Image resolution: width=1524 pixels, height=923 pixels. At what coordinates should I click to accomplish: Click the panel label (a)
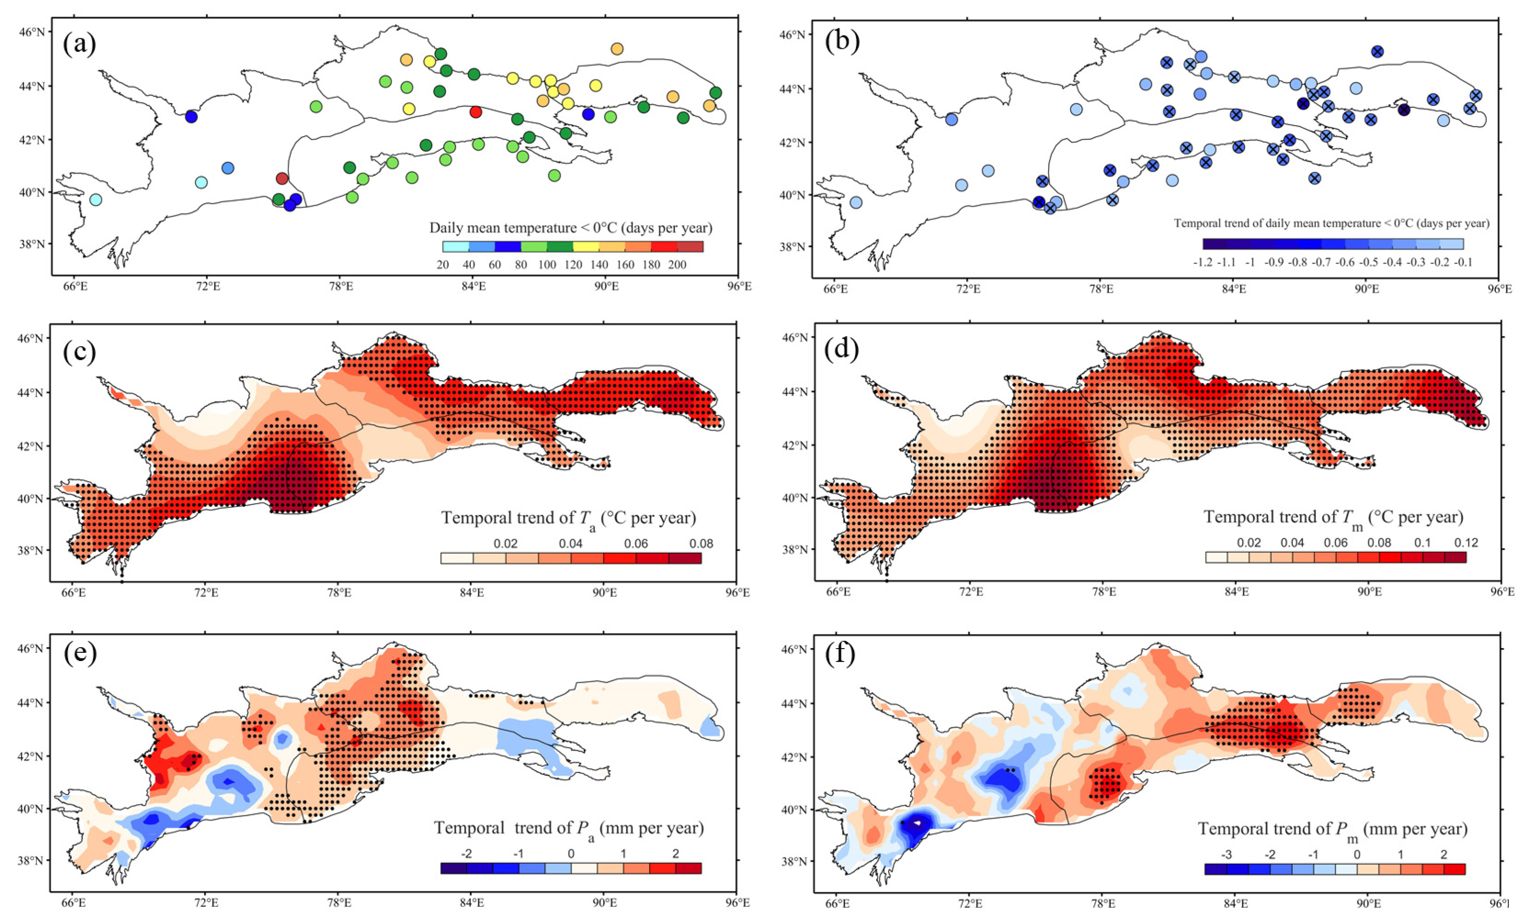(79, 45)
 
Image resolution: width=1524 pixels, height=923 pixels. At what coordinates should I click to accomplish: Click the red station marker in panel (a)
(475, 112)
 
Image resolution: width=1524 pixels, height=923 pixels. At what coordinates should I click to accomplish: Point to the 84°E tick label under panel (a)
(473, 287)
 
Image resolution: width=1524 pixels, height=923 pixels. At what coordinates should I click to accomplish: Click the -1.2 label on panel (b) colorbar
(1202, 262)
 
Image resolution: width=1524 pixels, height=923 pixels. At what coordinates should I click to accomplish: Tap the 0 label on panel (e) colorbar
(571, 854)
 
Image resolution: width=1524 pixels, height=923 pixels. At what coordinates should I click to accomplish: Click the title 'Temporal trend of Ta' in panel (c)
(568, 518)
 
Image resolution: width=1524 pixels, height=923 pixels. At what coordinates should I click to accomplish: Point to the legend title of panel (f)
(1333, 829)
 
